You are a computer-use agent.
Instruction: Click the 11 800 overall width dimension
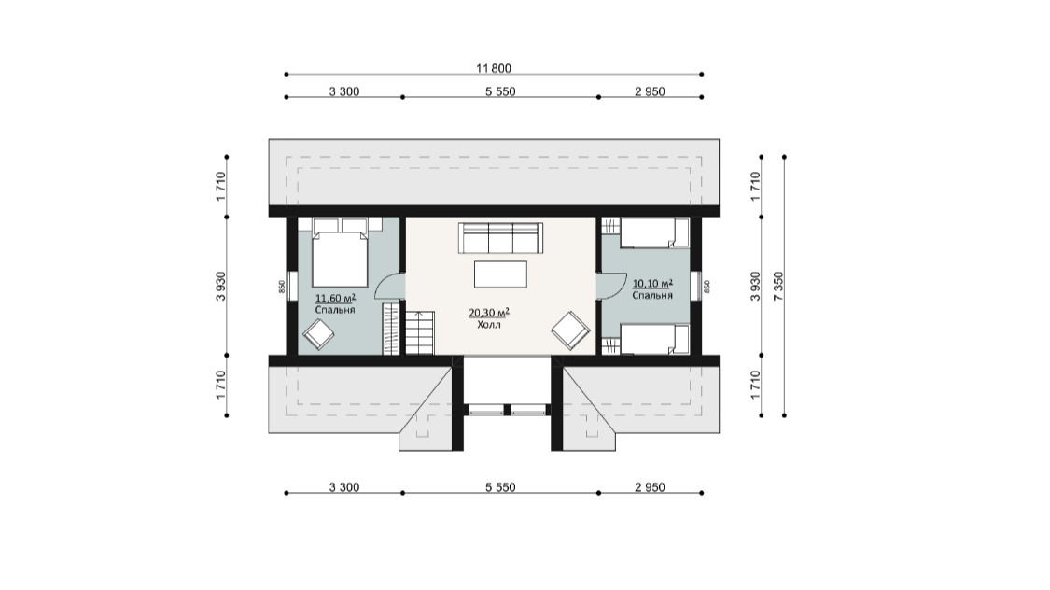pyautogui.click(x=494, y=68)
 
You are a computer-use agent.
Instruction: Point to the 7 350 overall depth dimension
pyautogui.click(x=778, y=286)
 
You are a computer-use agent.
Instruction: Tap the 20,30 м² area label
pyautogui.click(x=489, y=313)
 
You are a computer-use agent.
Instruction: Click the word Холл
pyautogui.click(x=489, y=325)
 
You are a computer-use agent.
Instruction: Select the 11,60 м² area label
pyautogui.click(x=335, y=298)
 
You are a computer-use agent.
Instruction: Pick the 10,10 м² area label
pyautogui.click(x=653, y=283)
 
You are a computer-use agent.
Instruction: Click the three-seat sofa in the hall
pyautogui.click(x=500, y=238)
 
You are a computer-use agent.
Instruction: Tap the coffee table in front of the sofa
pyautogui.click(x=500, y=274)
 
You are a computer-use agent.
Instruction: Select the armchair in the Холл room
pyautogui.click(x=570, y=330)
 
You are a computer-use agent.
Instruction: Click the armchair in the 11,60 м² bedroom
pyautogui.click(x=318, y=334)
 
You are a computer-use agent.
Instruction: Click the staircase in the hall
pyautogui.click(x=420, y=333)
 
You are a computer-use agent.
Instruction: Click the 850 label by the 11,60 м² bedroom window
pyautogui.click(x=282, y=287)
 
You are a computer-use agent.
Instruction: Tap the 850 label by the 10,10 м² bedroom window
pyautogui.click(x=707, y=287)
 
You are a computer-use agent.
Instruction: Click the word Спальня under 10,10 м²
pyautogui.click(x=652, y=295)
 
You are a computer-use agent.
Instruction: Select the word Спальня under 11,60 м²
pyautogui.click(x=335, y=310)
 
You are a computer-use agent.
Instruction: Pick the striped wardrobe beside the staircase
pyautogui.click(x=391, y=329)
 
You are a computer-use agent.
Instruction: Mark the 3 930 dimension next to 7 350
pyautogui.click(x=756, y=286)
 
